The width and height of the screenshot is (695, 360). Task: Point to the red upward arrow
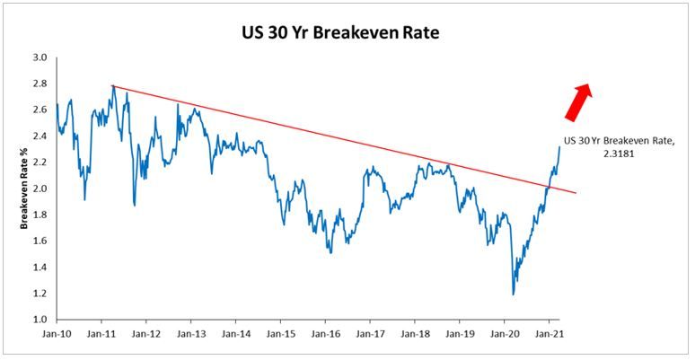pos(576,100)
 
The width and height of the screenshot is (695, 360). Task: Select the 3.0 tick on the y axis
pos(40,57)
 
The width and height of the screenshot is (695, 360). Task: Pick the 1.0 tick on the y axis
pos(40,320)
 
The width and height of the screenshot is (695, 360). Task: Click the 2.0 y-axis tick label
pos(40,189)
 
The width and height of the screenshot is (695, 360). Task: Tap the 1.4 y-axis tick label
pos(40,268)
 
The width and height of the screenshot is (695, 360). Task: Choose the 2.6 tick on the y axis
pos(40,110)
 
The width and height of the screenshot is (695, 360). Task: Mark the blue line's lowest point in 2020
pos(514,294)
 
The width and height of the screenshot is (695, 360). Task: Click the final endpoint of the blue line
pos(559,146)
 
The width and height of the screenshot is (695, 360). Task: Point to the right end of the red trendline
pos(588,193)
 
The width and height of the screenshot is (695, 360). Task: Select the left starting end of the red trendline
pos(111,85)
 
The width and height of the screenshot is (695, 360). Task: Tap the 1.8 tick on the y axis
pos(40,215)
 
